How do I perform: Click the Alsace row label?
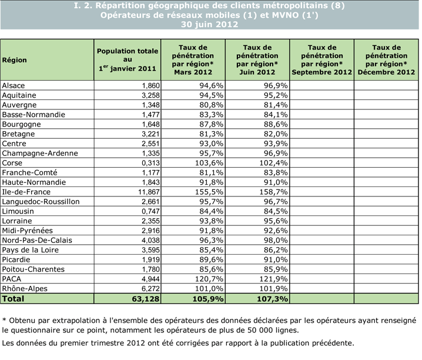point(14,85)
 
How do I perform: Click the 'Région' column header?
point(15,60)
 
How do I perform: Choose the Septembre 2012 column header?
point(321,59)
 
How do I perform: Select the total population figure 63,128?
point(145,299)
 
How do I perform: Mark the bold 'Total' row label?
point(16,299)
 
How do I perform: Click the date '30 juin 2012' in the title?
point(210,24)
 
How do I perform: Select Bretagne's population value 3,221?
point(150,134)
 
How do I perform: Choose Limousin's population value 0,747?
point(150,211)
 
